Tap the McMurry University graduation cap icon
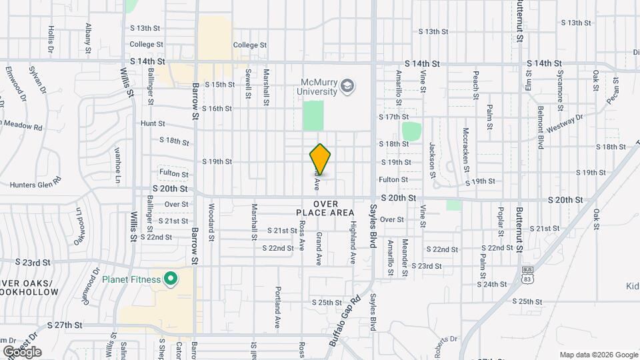[347, 86]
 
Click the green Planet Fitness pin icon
[171, 279]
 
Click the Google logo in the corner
[22, 351]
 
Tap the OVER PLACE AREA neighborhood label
[325, 208]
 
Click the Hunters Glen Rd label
[36, 183]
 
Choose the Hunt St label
[153, 123]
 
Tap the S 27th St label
[65, 325]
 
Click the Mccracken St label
[466, 150]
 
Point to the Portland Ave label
[278, 307]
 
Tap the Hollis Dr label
[51, 39]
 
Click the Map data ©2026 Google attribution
[598, 355]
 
